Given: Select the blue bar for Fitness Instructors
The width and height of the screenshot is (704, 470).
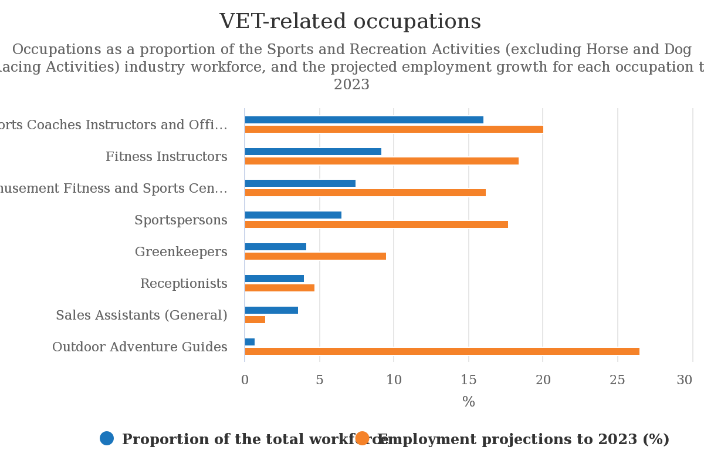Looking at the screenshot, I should click(x=313, y=152).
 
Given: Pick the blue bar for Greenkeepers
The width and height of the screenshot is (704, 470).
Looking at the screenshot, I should click(x=276, y=247).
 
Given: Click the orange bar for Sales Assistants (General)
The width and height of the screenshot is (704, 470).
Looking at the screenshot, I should click(x=255, y=320).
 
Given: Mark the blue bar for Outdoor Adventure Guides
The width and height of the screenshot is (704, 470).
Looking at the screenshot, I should click(x=250, y=342).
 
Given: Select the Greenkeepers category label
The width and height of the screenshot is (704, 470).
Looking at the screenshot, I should click(x=181, y=252).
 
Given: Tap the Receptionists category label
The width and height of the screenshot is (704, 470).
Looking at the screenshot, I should click(x=184, y=284).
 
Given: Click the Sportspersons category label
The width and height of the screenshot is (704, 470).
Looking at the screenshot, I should click(x=181, y=220).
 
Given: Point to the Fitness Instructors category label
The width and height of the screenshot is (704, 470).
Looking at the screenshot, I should click(x=166, y=157).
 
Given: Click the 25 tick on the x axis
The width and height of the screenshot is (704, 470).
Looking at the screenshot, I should click(x=617, y=380).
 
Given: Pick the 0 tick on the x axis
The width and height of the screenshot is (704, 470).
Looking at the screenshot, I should click(x=245, y=380).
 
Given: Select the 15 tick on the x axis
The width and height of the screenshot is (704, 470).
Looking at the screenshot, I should click(x=468, y=380).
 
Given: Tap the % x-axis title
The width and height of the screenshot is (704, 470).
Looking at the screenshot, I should click(x=468, y=402).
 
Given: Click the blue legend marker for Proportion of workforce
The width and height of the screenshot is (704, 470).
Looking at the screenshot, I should click(x=107, y=438).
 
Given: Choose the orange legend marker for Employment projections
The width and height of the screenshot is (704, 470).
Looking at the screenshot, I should click(x=362, y=438).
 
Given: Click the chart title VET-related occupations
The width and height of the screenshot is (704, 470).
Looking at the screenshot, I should click(x=350, y=22).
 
